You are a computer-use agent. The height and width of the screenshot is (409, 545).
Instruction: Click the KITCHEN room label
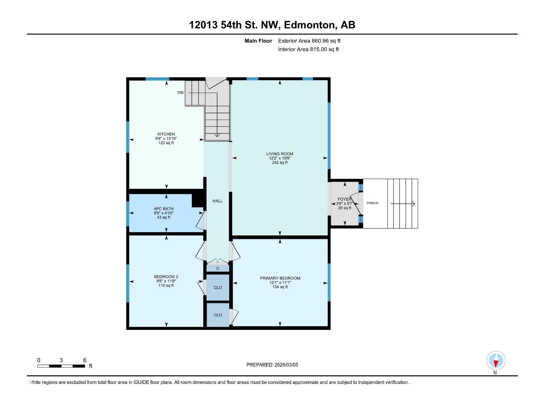[x=166, y=134]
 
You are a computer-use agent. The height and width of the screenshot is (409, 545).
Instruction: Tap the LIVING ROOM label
[x=280, y=154]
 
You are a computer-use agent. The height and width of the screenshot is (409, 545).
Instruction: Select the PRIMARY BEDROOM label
[x=280, y=278]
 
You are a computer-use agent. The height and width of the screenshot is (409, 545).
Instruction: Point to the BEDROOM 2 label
[x=166, y=277]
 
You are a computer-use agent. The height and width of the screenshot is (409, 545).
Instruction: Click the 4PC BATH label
[x=163, y=209]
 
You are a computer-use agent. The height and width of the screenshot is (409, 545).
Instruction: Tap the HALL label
[x=217, y=201]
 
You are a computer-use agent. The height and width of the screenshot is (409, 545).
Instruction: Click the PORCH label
[x=372, y=203]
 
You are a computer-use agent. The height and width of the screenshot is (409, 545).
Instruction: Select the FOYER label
[x=344, y=199]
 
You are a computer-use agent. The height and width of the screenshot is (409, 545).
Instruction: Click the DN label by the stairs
[x=180, y=93]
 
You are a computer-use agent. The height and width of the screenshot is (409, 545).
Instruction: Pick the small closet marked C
[x=218, y=268]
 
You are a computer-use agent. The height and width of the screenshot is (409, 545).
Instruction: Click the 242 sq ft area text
[x=280, y=163]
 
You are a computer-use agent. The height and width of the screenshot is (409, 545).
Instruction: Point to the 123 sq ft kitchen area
[x=166, y=143]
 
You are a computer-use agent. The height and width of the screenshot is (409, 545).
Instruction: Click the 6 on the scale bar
[x=85, y=360]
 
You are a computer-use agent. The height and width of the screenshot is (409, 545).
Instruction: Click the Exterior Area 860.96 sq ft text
[x=309, y=41]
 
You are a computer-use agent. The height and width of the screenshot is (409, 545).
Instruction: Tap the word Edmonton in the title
[x=310, y=25]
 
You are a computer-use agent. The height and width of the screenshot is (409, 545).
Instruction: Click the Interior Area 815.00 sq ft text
[x=308, y=49]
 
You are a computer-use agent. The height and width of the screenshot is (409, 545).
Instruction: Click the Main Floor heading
[x=258, y=41]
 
